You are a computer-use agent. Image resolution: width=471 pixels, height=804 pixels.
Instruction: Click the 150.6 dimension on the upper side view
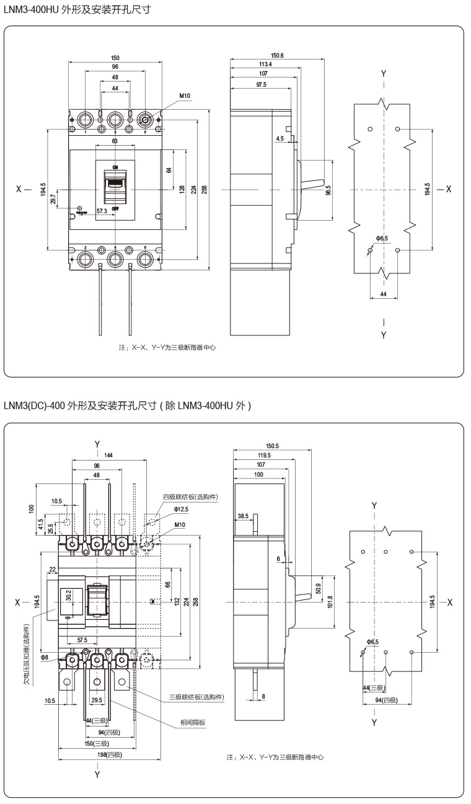click(277, 55)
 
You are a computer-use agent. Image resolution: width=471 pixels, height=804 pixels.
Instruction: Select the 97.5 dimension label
click(260, 85)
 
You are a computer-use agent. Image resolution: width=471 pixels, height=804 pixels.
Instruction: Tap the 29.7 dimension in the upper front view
click(53, 198)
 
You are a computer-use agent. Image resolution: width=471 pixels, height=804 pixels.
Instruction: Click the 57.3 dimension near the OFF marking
click(102, 211)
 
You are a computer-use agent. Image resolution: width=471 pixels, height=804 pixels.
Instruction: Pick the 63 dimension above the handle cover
click(115, 141)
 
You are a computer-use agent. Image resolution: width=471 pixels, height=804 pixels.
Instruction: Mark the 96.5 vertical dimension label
click(328, 190)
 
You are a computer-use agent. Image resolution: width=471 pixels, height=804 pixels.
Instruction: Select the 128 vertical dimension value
click(182, 189)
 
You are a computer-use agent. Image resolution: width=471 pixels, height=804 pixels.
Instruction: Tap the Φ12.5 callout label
click(181, 509)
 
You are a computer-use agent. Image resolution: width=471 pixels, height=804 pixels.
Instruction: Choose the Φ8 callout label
click(45, 657)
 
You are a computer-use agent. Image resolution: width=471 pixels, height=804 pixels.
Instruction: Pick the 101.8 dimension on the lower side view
click(330, 602)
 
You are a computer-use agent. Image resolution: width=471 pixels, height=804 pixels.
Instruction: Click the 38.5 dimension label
click(243, 515)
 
